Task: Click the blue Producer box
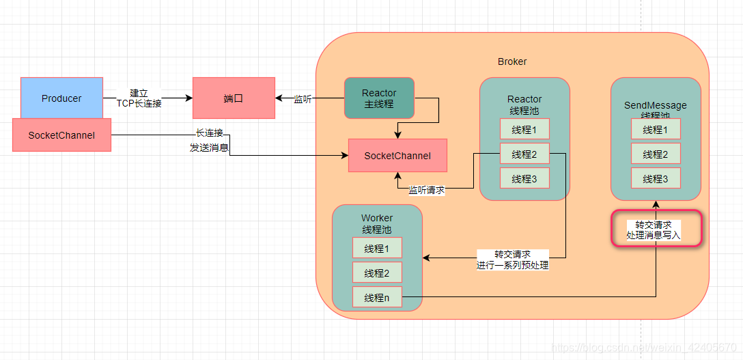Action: [61, 98]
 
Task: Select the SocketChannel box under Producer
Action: [61, 135]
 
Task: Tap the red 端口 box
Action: [233, 98]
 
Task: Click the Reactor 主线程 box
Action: [379, 98]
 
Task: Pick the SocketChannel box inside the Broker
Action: [397, 156]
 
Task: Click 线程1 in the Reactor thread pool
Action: [524, 130]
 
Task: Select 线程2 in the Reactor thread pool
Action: [524, 154]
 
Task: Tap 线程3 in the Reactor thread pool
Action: [524, 179]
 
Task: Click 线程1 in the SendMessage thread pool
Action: [656, 130]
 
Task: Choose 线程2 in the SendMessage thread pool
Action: [656, 154]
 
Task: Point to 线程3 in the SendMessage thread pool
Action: [656, 179]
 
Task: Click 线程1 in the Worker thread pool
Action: [377, 249]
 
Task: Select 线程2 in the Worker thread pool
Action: [377, 273]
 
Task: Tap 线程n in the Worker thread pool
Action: [377, 298]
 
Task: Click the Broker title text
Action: [512, 61]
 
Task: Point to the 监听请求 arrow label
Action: [426, 191]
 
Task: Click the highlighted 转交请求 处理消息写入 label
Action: [655, 230]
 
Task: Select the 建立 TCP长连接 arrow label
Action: [139, 98]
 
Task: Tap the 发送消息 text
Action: [209, 148]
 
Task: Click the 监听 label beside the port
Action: [303, 99]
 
